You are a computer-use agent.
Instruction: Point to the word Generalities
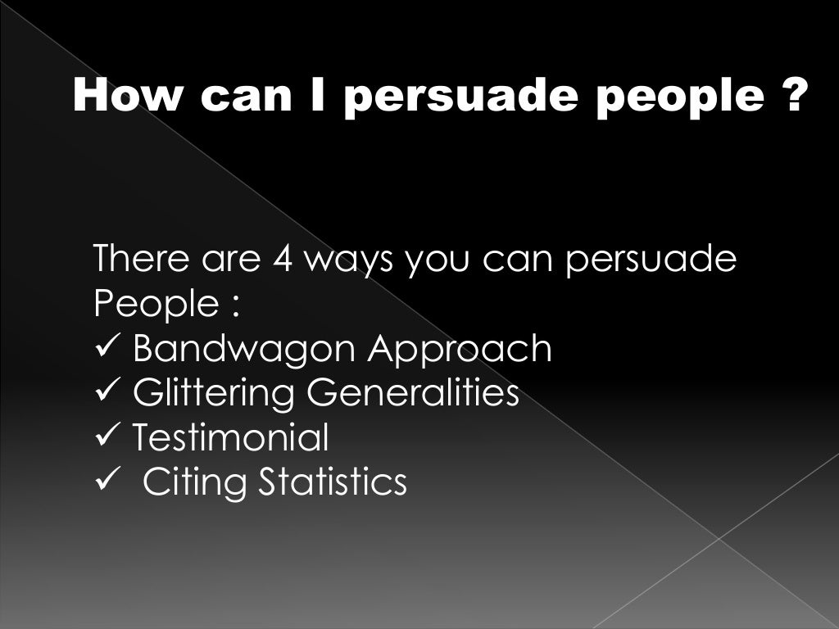point(412,392)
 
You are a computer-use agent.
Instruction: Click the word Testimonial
point(230,437)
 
